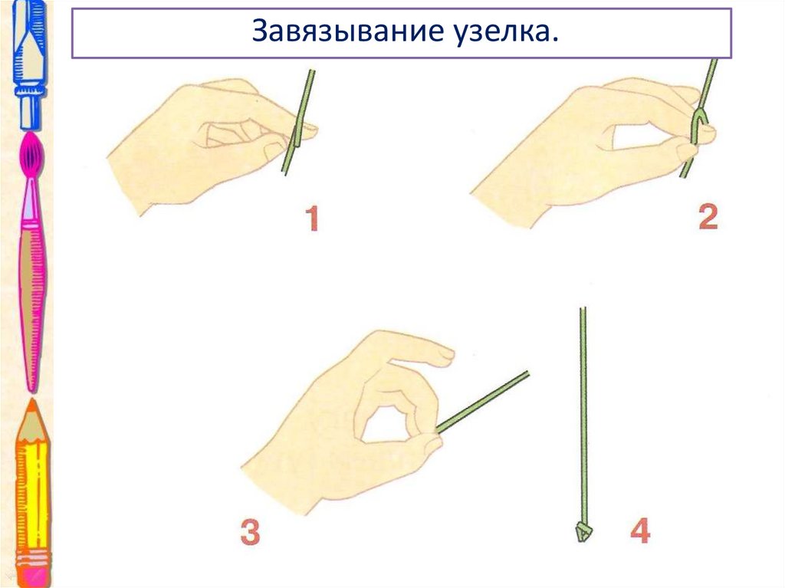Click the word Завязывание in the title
[348, 31]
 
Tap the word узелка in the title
[503, 31]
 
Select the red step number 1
[312, 218]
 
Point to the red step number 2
[708, 217]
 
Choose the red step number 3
[251, 532]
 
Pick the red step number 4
[640, 531]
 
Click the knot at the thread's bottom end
[583, 532]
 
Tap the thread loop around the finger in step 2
[696, 125]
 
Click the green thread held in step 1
[298, 122]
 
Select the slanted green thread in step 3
[483, 401]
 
